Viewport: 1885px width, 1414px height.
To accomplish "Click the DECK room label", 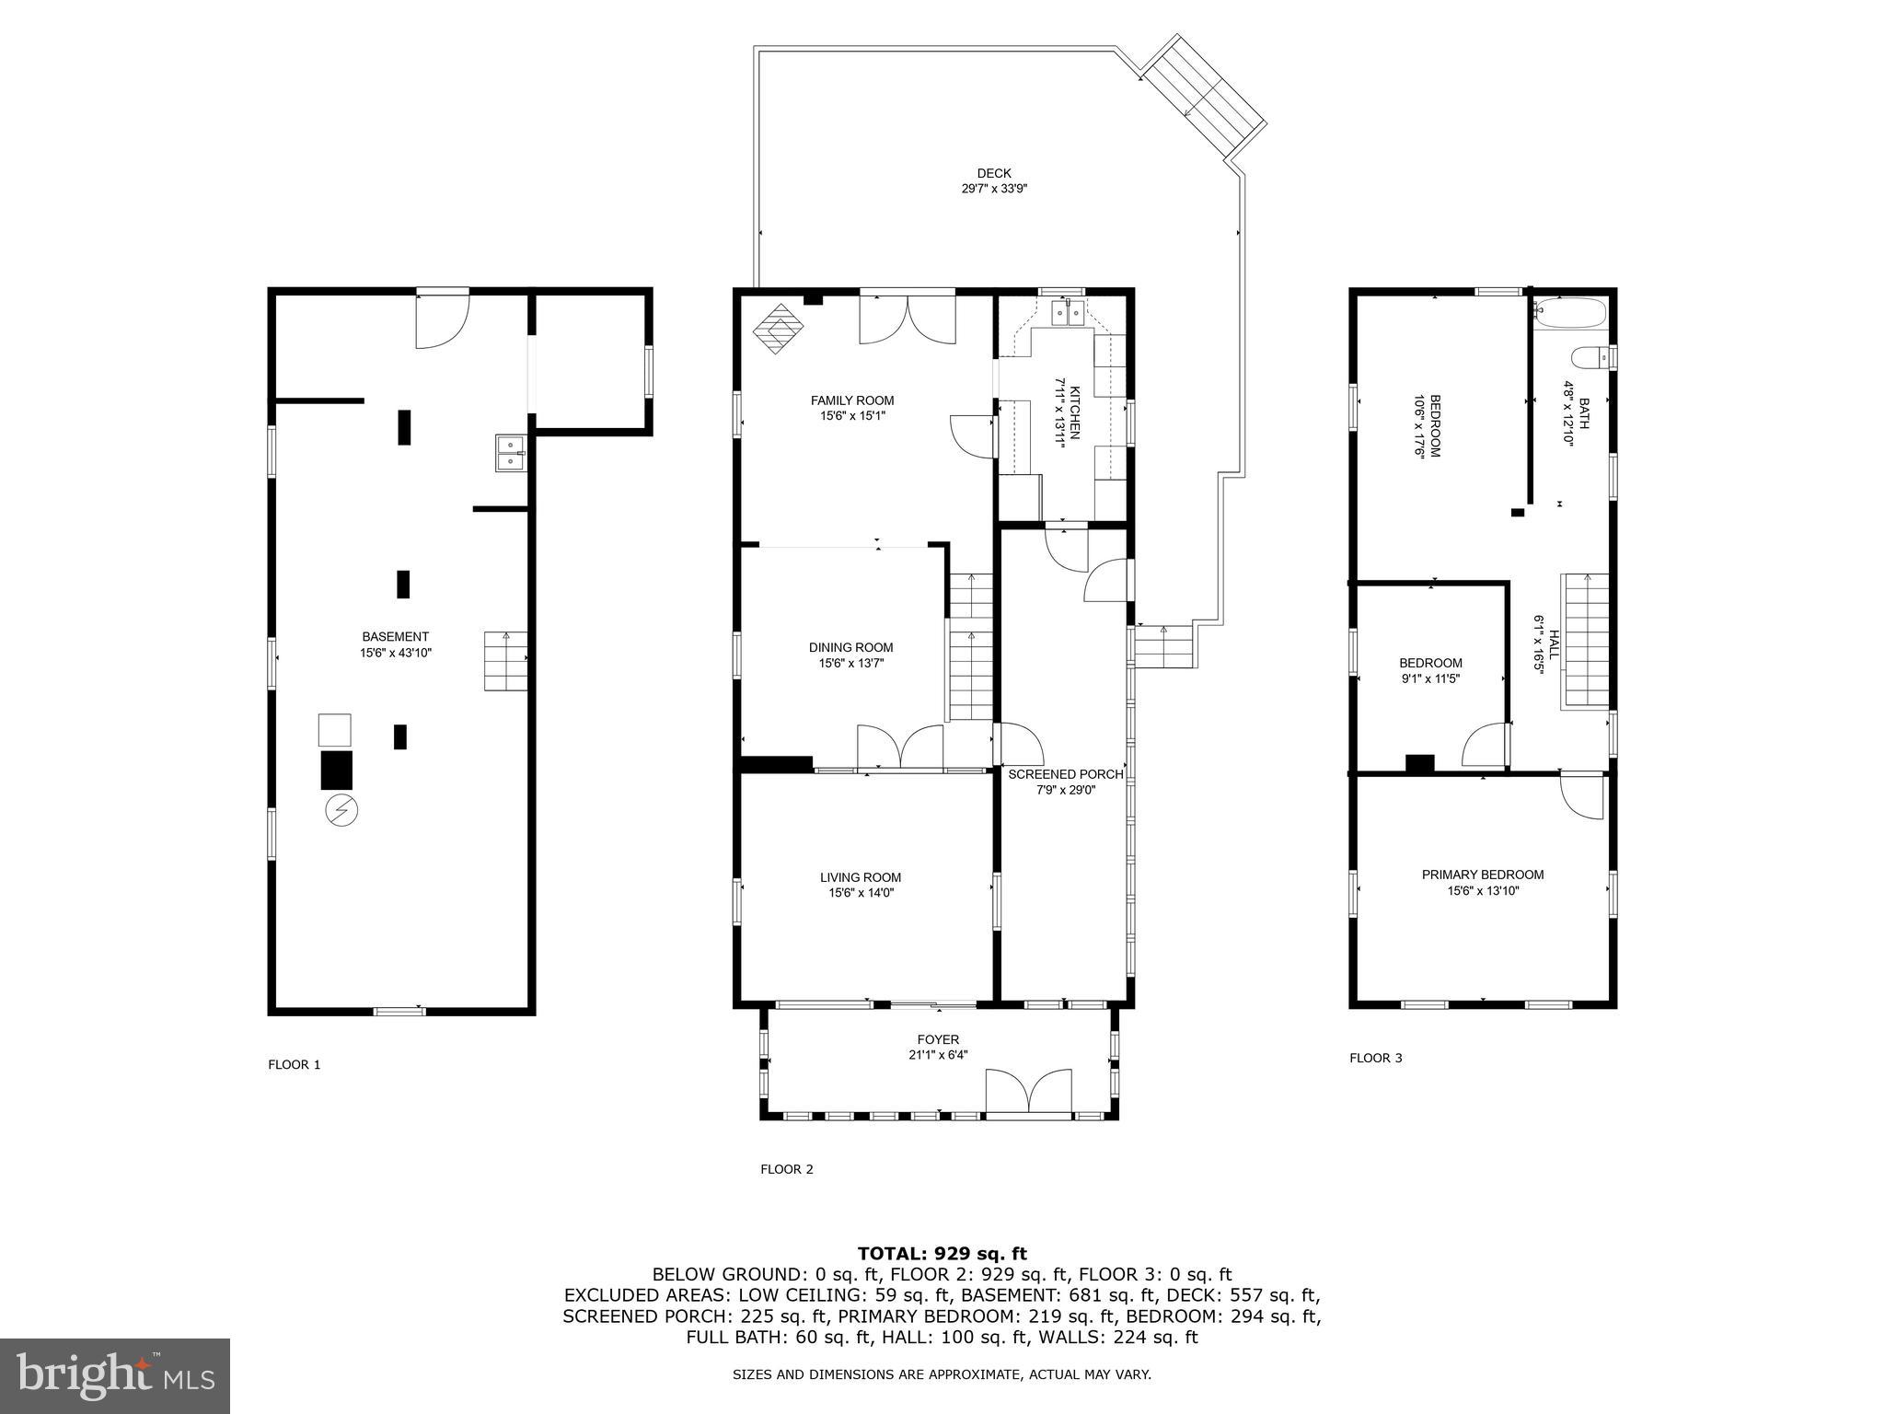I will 993,173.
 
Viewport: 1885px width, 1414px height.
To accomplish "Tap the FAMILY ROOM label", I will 851,400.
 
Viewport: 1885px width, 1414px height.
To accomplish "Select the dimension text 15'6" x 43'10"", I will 395,653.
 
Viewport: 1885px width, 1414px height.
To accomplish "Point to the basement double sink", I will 510,453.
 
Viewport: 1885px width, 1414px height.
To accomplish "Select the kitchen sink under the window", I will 1069,315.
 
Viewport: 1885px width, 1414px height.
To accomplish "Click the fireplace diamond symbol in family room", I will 779,328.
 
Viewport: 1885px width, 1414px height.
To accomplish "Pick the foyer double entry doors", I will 1028,1093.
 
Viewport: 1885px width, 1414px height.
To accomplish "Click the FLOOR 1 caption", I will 294,1064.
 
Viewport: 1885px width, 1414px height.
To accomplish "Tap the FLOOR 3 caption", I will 1375,1058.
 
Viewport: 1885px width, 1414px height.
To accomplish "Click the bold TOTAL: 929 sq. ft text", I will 942,1253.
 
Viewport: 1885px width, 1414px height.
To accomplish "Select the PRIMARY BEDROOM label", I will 1482,875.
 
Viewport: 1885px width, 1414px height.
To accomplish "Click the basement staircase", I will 506,661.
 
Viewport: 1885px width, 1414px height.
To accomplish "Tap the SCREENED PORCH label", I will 1065,774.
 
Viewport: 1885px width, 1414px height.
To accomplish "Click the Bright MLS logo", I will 115,1374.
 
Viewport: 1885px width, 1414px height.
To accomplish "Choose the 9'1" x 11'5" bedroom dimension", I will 1429,678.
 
